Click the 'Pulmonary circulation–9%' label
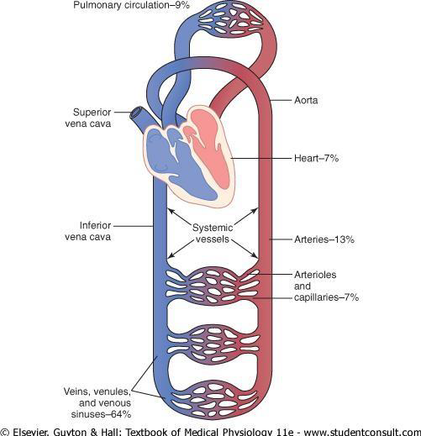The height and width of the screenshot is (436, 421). [132, 5]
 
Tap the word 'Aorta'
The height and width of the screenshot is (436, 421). [306, 100]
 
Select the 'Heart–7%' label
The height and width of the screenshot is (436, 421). [316, 158]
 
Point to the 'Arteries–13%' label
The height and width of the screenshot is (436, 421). [324, 239]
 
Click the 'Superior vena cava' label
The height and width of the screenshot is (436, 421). [88, 118]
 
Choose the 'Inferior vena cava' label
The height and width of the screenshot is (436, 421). [88, 231]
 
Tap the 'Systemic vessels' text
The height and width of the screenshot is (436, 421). [213, 234]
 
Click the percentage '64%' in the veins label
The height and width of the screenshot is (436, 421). [121, 414]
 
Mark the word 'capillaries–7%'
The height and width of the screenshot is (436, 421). [326, 297]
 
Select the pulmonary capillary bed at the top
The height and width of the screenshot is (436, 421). [230, 20]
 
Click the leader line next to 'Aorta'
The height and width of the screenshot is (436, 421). [281, 100]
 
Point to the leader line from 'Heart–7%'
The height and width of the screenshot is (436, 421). [261, 158]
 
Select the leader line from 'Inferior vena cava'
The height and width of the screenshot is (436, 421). [134, 226]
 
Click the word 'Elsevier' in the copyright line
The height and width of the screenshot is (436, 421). [31, 432]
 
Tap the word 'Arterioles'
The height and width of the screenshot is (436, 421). [315, 275]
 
